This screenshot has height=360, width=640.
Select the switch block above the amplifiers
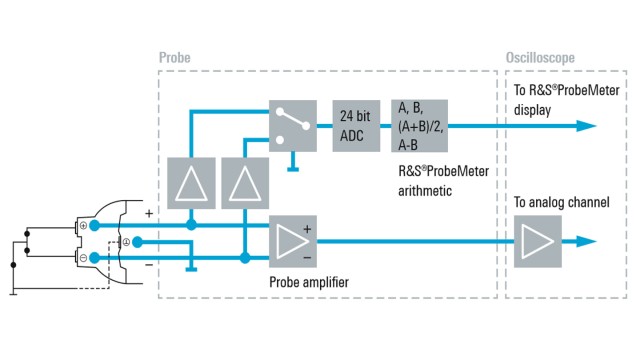click(x=293, y=125)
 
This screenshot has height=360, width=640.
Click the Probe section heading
click(x=174, y=58)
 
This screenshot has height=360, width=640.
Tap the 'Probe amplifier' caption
click(x=316, y=281)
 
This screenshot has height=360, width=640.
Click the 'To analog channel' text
click(x=561, y=202)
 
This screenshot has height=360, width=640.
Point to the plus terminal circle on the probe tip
click(x=94, y=225)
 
